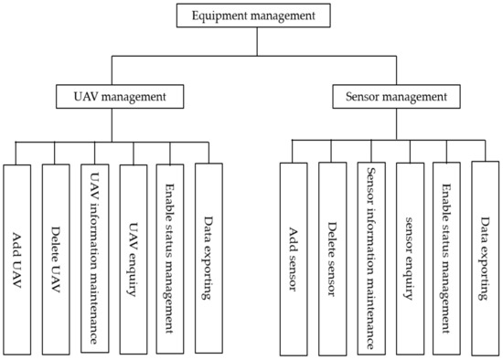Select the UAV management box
112,96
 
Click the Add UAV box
18,258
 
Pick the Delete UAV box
57,258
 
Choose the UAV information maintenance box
95,258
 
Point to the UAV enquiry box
134,258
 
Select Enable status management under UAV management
171,258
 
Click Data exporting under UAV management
209,258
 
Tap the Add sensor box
294,258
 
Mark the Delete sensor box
333,258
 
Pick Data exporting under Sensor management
485,258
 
